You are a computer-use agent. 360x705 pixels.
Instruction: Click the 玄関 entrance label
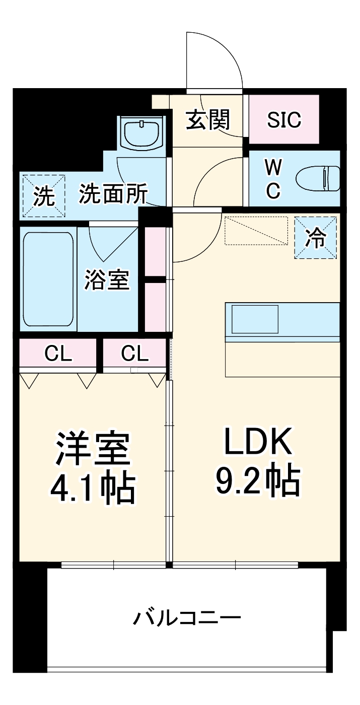pos(208,120)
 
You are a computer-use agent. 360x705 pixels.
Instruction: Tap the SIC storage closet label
pos(284,120)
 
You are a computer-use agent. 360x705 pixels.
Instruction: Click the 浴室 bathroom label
pos(107,280)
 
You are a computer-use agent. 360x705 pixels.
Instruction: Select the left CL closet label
pos(58,355)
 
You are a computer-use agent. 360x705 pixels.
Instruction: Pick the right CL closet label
pos(134,355)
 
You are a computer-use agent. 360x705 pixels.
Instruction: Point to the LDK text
pos(258,442)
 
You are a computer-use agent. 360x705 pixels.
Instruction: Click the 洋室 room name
pos(93,448)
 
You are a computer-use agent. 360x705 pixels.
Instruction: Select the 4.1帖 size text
pos(93,487)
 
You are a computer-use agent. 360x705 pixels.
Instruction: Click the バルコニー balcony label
pos(187,617)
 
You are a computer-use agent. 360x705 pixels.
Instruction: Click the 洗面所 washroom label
pos(113,194)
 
